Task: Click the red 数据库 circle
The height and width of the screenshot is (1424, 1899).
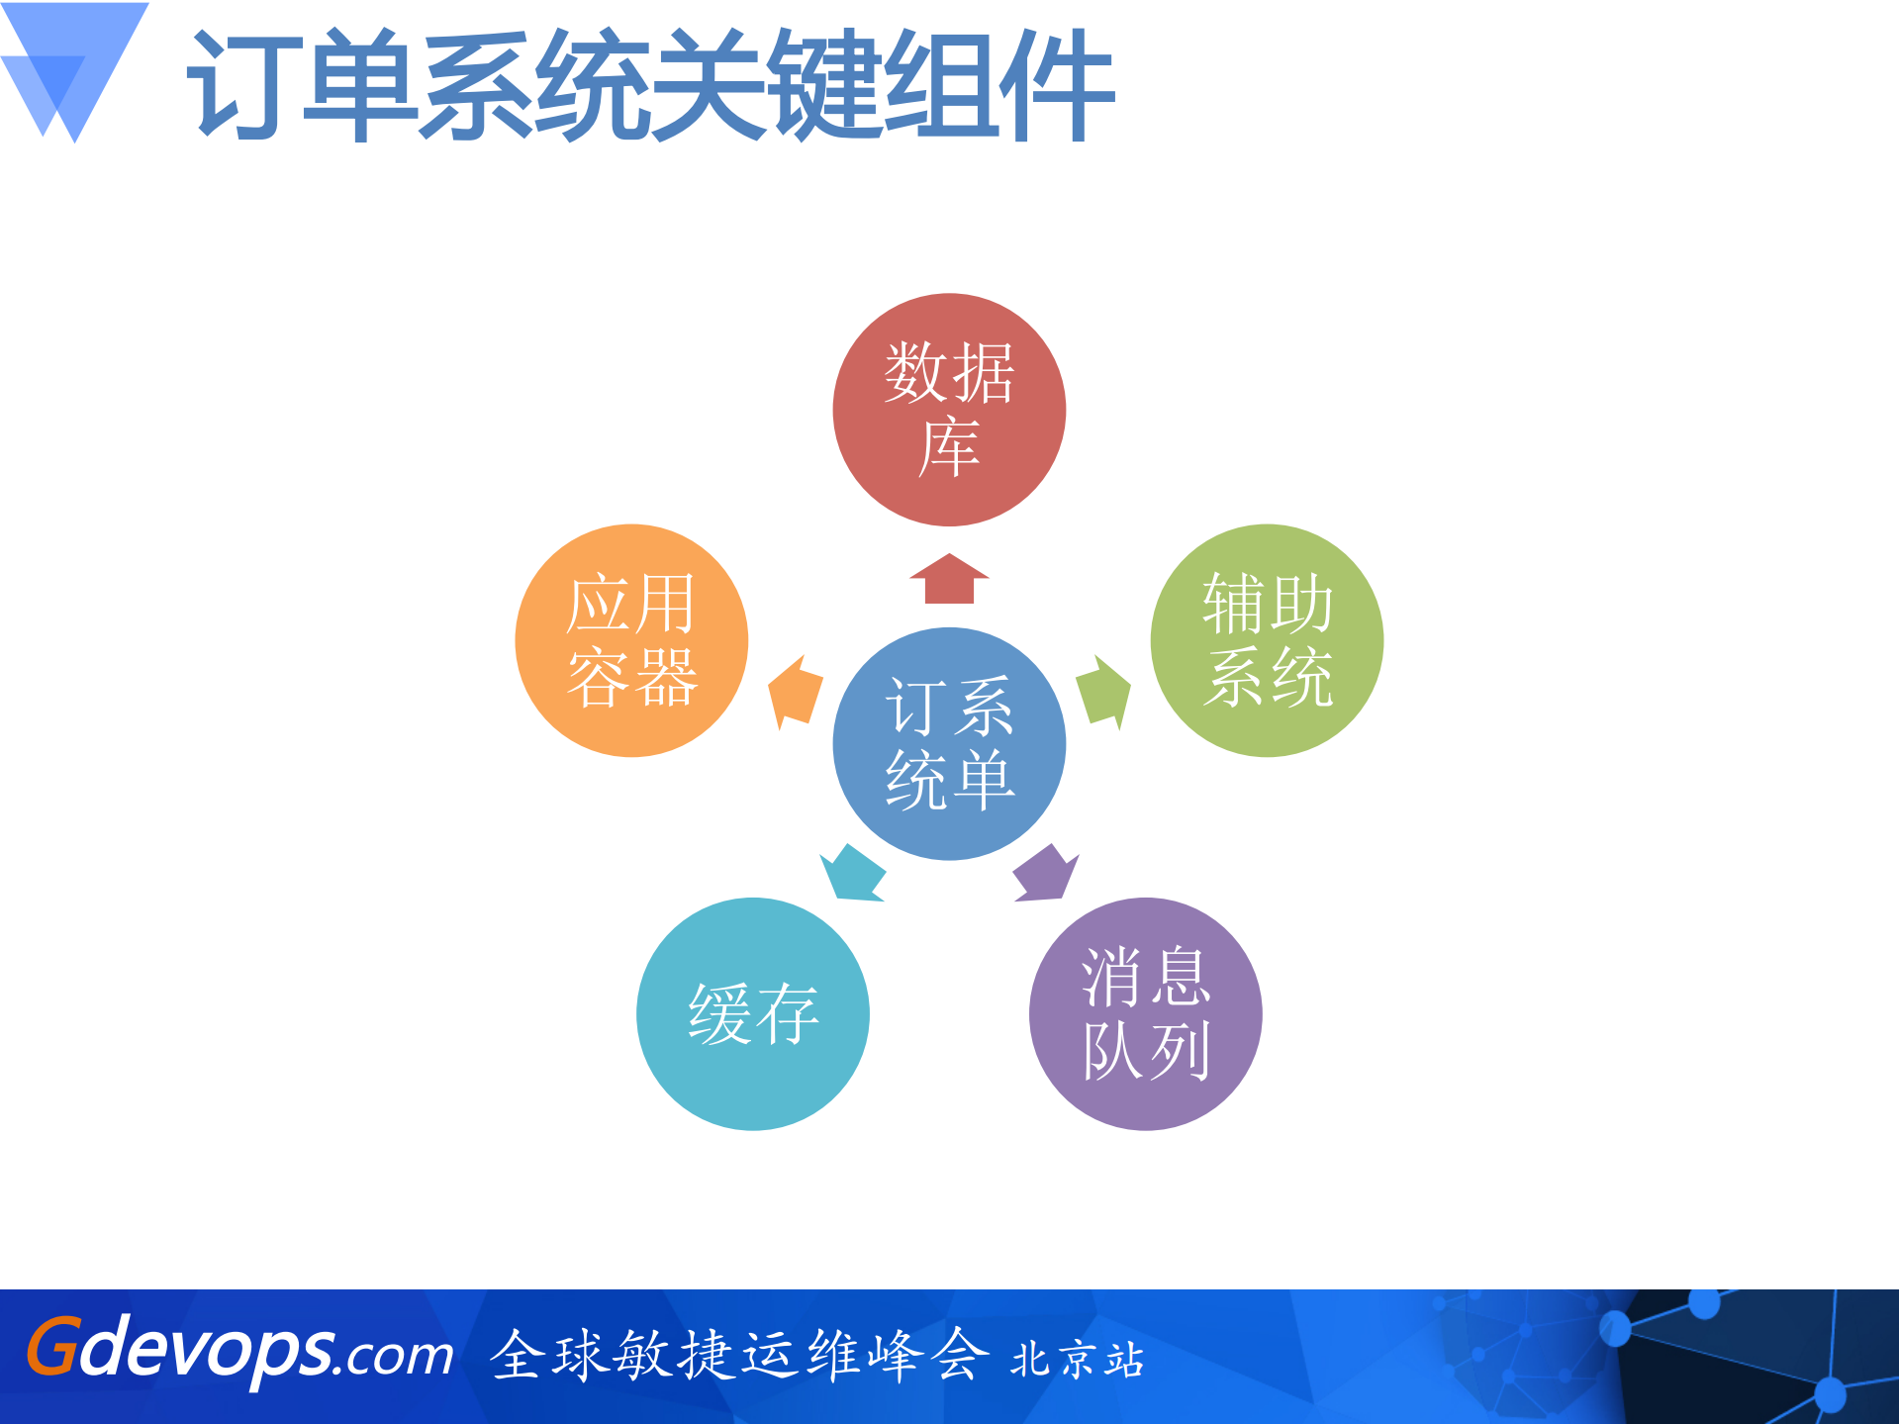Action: tap(949, 409)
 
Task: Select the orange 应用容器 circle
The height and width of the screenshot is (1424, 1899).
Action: tap(631, 640)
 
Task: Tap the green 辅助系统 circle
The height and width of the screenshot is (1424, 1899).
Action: tap(1267, 640)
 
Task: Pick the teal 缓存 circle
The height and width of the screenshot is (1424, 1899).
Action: tap(752, 1013)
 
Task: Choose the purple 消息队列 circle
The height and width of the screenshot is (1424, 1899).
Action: tap(1145, 1013)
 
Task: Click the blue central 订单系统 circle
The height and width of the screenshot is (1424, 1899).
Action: tap(949, 743)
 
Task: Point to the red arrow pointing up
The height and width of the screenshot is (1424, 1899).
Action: tap(949, 579)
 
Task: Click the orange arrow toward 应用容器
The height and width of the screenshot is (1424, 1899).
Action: tap(796, 691)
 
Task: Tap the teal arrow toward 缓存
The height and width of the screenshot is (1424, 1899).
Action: tap(852, 873)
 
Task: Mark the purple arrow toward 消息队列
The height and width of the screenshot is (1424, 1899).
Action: tap(1045, 873)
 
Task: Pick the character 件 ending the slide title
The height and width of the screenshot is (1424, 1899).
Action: tap(1057, 85)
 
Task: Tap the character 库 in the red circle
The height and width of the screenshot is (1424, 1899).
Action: tap(949, 447)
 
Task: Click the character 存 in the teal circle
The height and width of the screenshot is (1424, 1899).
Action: tap(788, 1013)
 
